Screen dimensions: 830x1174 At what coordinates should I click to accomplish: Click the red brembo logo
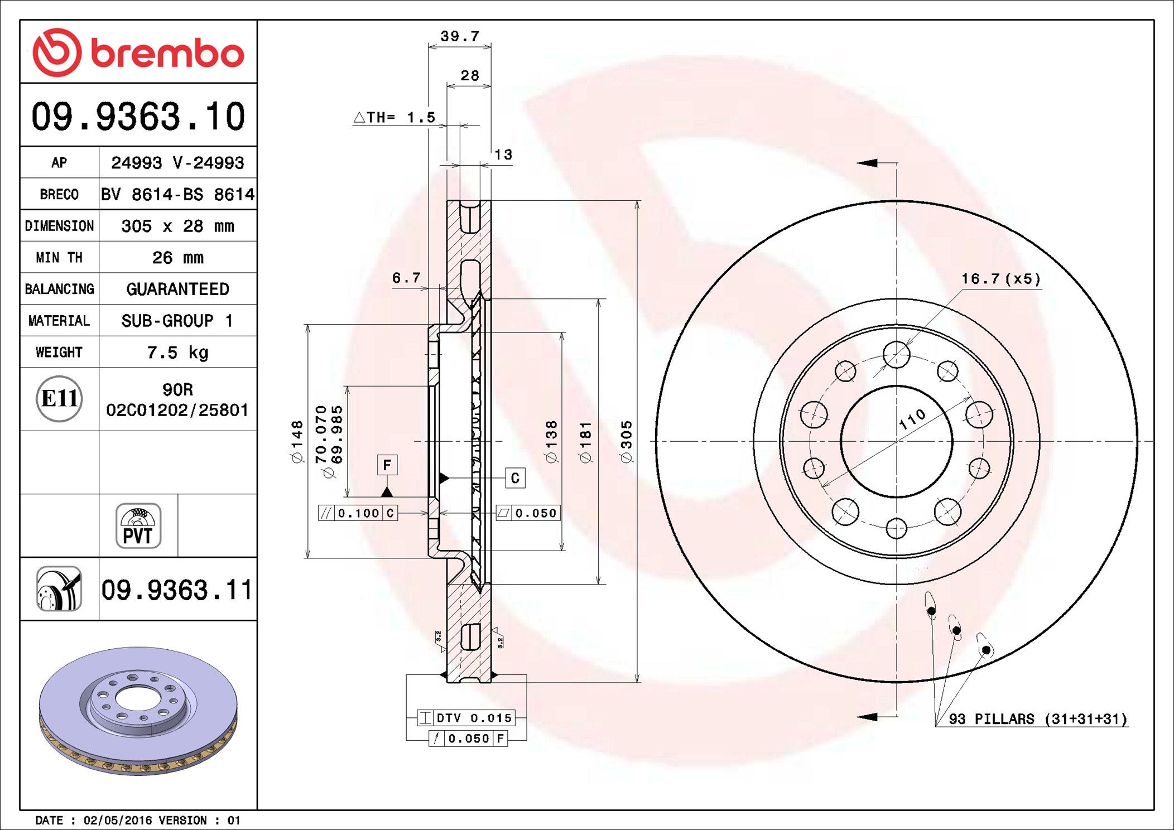138,52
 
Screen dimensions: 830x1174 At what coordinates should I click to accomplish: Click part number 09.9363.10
138,117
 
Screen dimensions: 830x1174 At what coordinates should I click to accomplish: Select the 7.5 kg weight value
177,353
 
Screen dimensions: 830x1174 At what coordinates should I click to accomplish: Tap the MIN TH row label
59,258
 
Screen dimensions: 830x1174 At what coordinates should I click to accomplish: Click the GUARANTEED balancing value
177,289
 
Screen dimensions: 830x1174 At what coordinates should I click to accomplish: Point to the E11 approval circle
59,398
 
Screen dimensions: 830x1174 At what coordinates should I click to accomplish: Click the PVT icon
138,526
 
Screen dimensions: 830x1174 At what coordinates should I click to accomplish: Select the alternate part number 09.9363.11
176,590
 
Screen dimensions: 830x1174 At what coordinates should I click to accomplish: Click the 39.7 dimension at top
460,36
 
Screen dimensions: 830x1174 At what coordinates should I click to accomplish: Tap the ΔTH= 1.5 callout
394,117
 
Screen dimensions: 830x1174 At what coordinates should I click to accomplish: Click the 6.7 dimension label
406,278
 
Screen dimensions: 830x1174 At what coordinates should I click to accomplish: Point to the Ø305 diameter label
626,442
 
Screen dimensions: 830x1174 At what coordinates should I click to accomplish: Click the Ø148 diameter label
297,442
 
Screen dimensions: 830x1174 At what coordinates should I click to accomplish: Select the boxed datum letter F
387,465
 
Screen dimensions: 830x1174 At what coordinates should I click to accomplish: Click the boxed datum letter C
514,478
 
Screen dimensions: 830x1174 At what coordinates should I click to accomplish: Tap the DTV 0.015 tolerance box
466,718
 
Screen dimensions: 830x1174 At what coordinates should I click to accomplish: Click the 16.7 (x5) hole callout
1000,279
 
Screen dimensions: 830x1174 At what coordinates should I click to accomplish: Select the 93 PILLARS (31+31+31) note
1037,719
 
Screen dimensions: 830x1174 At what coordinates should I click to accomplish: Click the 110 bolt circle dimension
912,419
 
